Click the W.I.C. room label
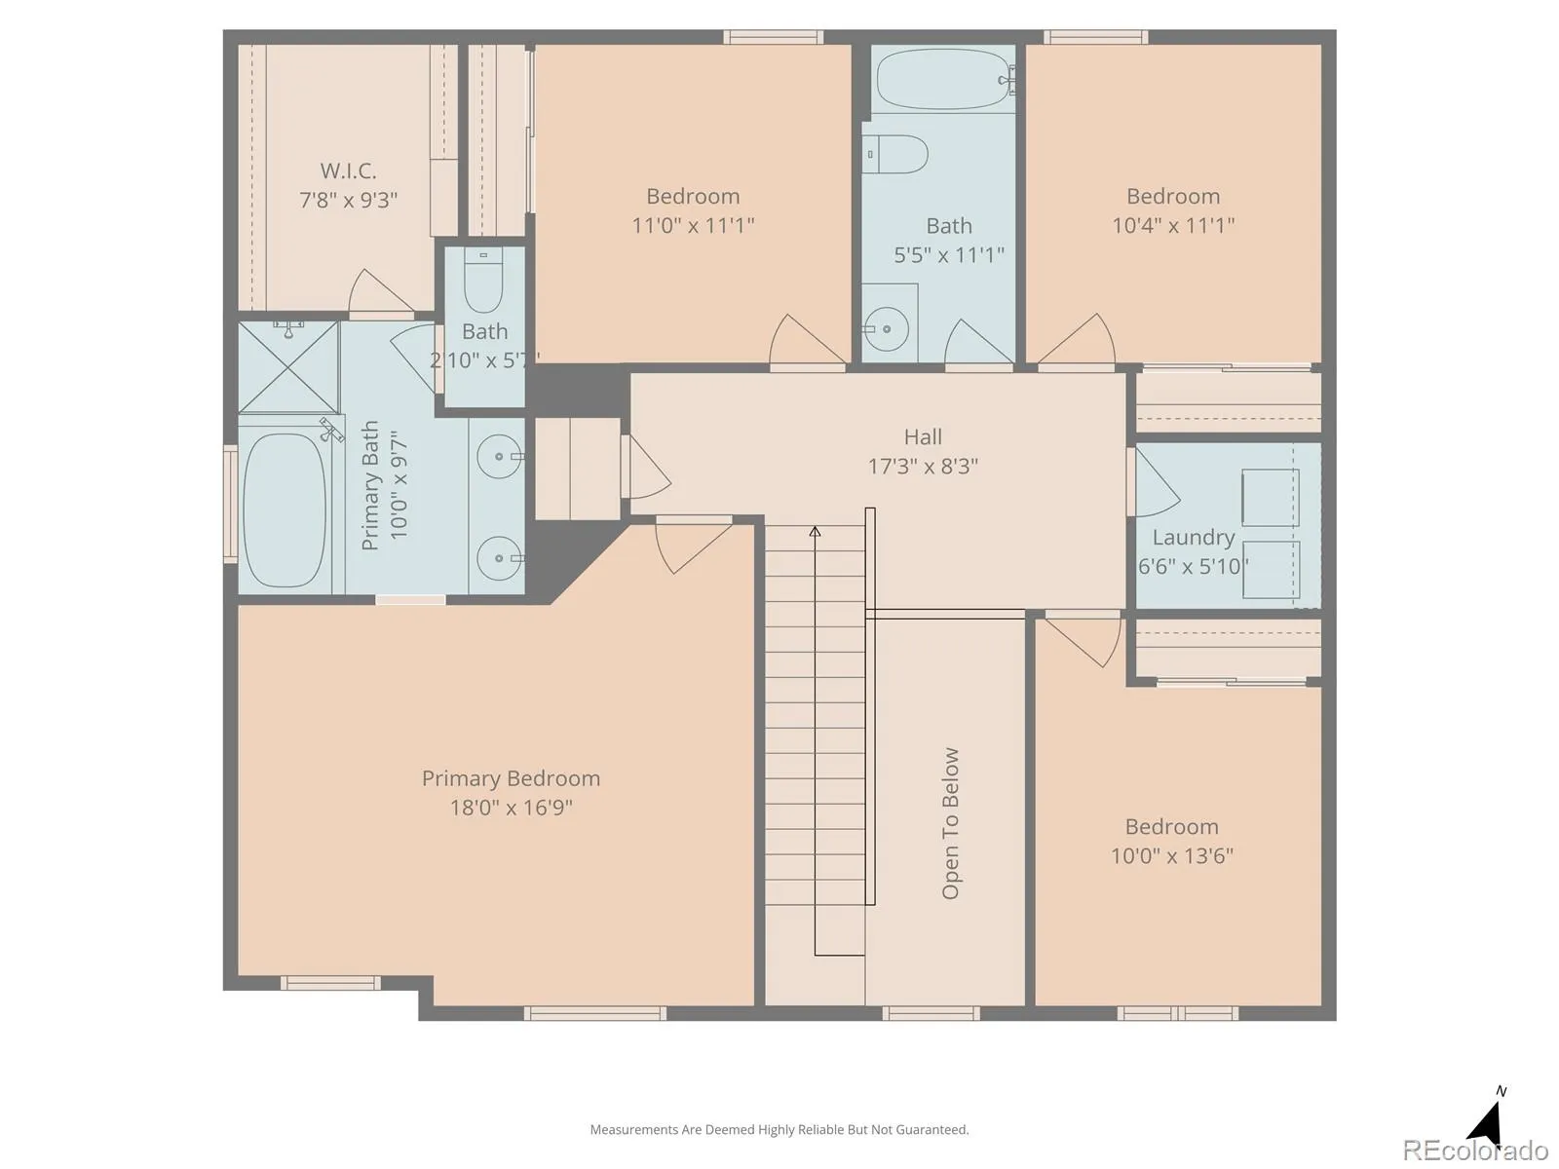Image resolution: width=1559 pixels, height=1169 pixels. point(348,171)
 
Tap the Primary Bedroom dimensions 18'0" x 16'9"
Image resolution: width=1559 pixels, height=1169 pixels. point(512,808)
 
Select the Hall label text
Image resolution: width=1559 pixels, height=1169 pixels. point(923,436)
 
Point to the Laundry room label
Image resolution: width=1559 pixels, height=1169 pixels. point(1194,538)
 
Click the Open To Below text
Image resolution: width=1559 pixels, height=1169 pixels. point(950,823)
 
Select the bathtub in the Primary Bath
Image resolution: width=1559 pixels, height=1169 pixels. point(285,510)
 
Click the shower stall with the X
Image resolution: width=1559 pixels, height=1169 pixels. point(288,367)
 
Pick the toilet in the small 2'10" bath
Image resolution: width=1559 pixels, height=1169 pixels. point(483,280)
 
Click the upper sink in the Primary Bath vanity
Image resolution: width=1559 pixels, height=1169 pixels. point(499,457)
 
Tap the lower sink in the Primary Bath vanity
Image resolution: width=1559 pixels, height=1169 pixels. point(499,558)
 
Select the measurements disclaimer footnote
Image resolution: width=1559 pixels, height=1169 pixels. point(779,1129)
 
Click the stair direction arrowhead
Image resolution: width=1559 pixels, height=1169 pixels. point(815,532)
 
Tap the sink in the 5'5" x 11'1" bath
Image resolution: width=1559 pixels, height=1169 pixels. point(886,329)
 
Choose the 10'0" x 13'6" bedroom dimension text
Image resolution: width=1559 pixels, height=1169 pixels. point(1172,856)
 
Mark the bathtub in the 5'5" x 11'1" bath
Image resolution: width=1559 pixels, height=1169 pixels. point(942,79)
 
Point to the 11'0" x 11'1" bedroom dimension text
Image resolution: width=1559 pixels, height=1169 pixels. point(693,226)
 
